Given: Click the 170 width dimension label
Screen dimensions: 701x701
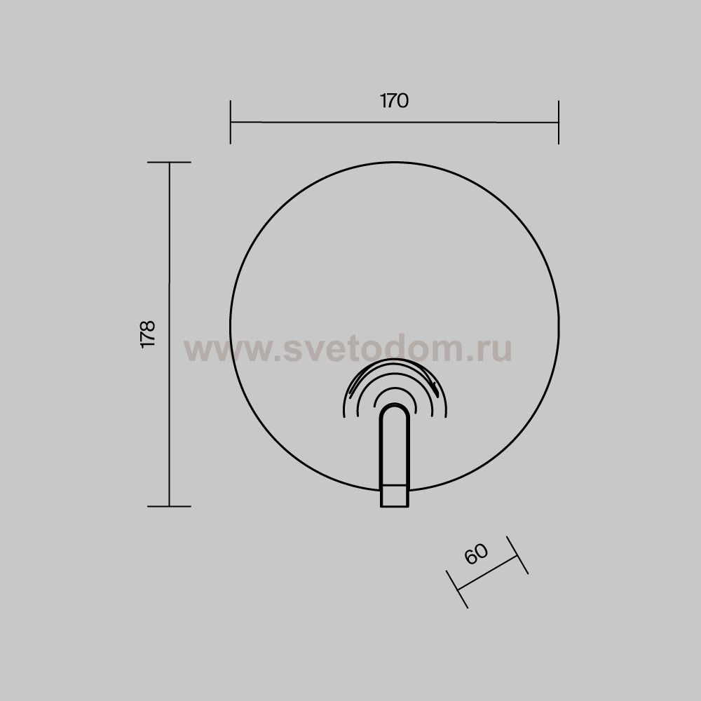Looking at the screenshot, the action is tap(394, 100).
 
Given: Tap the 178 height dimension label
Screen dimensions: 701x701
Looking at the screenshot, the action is tap(147, 334).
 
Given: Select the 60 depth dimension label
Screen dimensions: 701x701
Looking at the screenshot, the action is tap(476, 554).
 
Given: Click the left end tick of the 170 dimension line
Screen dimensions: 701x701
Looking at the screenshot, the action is tap(230, 122).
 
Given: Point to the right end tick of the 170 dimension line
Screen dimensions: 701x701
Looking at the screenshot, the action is tap(559, 122).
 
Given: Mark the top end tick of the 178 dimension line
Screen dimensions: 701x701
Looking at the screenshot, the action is tap(169, 163).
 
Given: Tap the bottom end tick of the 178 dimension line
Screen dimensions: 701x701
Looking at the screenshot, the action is tap(169, 507).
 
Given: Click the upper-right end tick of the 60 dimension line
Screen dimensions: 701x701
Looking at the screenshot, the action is tap(517, 555).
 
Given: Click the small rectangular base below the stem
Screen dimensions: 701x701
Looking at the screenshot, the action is tap(394, 496).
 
